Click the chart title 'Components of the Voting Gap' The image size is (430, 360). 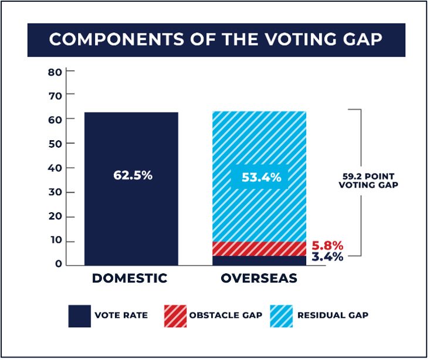216,39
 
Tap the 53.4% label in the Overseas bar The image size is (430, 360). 259,176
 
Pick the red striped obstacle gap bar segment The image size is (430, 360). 259,248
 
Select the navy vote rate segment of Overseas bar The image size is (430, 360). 259,260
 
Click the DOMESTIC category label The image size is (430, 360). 130,279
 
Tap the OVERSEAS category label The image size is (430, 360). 259,279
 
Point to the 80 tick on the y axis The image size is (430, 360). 55,72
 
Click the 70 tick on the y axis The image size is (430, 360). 55,94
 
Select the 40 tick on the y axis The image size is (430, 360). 55,168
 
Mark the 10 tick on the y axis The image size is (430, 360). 55,242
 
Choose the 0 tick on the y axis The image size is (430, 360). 58,264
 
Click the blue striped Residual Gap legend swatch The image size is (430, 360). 280,315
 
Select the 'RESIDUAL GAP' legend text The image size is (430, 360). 333,315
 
